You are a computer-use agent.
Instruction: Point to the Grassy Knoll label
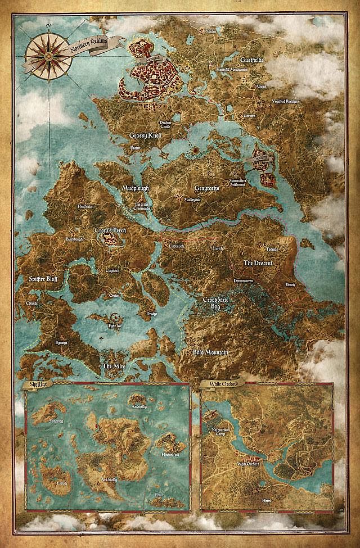(145, 135)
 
